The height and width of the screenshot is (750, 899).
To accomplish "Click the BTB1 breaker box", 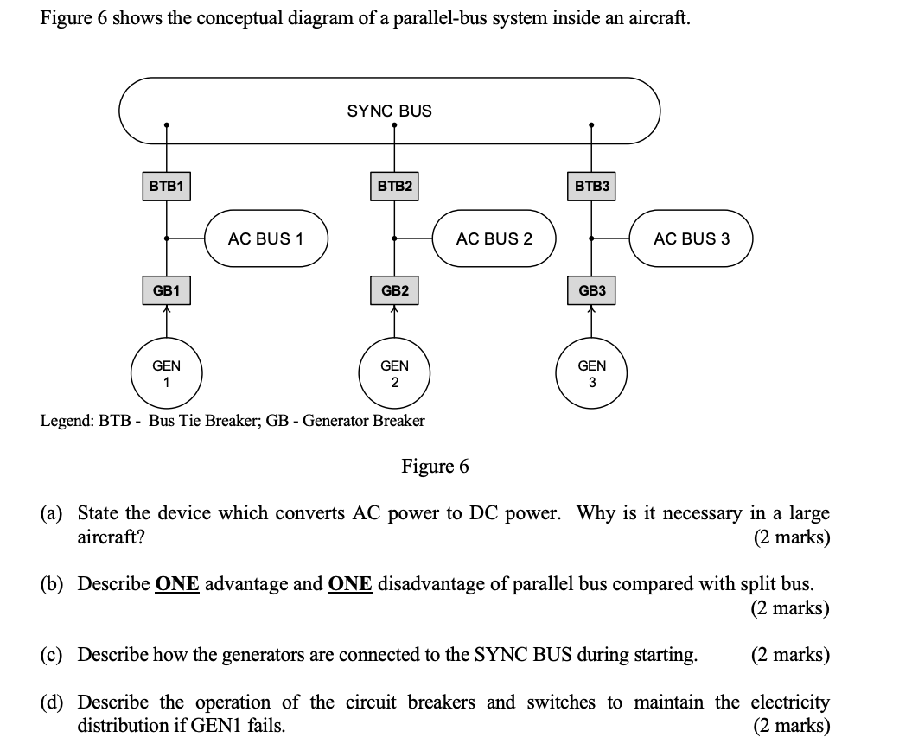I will pyautogui.click(x=166, y=186).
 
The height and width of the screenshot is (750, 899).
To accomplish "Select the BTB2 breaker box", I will pyautogui.click(x=395, y=186).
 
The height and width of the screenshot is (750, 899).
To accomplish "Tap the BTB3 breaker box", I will pyautogui.click(x=591, y=186).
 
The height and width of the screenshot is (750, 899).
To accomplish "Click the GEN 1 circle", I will pyautogui.click(x=166, y=373).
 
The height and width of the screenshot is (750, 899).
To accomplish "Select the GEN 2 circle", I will pyautogui.click(x=395, y=373).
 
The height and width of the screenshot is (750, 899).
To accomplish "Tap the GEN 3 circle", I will pyautogui.click(x=591, y=373).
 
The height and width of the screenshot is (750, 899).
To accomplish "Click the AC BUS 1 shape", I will pyautogui.click(x=266, y=238).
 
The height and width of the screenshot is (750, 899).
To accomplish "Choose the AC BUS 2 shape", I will pyautogui.click(x=494, y=238).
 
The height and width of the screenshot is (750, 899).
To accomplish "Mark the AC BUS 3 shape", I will pyautogui.click(x=692, y=238).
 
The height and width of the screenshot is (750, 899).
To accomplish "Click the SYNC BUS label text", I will pyautogui.click(x=389, y=111).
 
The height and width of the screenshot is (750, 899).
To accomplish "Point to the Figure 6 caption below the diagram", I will pyautogui.click(x=435, y=467).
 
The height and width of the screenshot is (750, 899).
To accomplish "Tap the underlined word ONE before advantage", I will pyautogui.click(x=177, y=583).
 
